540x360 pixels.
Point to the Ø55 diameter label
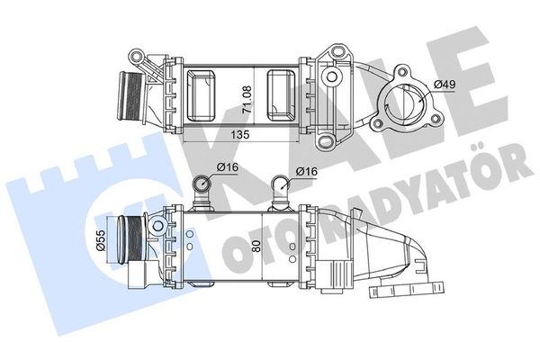pos(101,241)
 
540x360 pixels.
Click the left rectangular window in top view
pos(204,94)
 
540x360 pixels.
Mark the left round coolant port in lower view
pos(203,186)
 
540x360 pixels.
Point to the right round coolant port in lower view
pos(281,187)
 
